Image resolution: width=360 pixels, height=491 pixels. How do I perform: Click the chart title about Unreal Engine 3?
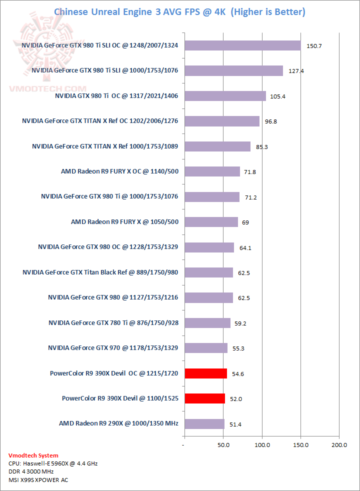click(179, 11)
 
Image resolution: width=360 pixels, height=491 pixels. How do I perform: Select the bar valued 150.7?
click(242, 45)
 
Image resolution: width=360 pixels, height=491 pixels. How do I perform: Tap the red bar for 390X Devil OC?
click(205, 373)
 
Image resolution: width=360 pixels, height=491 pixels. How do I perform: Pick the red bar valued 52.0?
click(204, 398)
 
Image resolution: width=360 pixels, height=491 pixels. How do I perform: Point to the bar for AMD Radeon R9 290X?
click(204, 423)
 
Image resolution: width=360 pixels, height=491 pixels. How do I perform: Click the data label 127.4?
click(295, 71)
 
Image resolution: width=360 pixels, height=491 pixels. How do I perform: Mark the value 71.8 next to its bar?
click(250, 171)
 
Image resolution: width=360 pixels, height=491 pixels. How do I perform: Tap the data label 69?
click(245, 222)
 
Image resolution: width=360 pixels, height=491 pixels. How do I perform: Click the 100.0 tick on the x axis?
click(262, 444)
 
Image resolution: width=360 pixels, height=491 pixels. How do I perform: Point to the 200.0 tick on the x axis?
click(339, 444)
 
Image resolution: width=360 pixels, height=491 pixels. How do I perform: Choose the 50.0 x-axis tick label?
click(223, 444)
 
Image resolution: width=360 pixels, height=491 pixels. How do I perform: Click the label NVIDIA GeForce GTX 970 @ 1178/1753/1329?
click(113, 347)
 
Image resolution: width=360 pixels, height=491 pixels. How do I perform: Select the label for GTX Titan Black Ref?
click(100, 272)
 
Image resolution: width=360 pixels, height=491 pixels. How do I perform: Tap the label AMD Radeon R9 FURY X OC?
click(120, 171)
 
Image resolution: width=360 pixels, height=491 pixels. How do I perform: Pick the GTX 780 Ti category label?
click(113, 322)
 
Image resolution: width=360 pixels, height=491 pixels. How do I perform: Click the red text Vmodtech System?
click(33, 455)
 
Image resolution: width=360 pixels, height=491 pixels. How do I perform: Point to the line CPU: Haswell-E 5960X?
click(53, 463)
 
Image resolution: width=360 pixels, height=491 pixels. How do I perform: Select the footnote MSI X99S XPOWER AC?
click(38, 480)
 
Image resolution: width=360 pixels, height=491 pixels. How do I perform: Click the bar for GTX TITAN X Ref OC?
click(221, 121)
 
